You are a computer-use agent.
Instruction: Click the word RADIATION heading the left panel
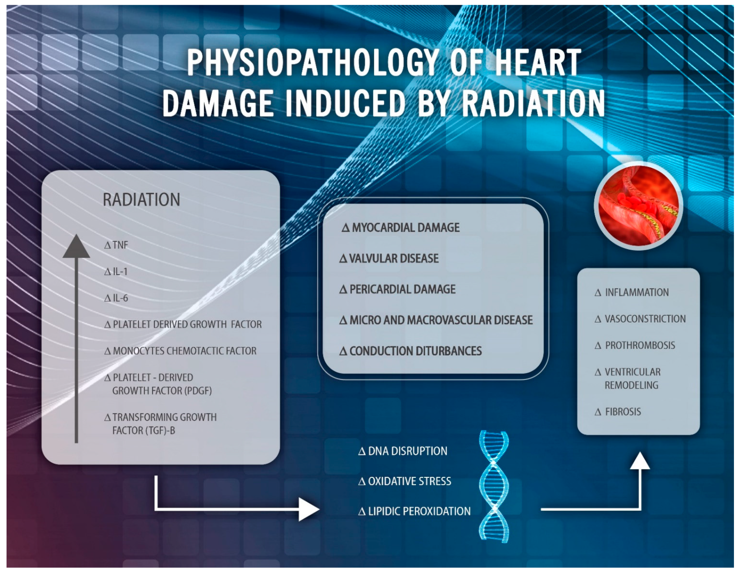click(x=141, y=200)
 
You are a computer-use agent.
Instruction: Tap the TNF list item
click(x=116, y=245)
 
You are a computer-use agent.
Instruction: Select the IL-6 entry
click(x=116, y=298)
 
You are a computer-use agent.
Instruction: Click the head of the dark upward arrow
click(x=76, y=246)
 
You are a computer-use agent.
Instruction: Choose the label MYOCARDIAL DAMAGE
click(x=401, y=227)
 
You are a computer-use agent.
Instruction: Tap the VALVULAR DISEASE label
click(x=389, y=258)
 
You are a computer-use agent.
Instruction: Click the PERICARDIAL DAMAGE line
click(x=397, y=289)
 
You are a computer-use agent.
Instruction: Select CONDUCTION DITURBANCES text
click(x=411, y=351)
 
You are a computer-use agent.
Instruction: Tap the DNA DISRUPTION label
click(x=403, y=451)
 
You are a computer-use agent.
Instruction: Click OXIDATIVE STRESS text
click(x=405, y=481)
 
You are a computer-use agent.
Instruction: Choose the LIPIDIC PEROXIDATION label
click(x=414, y=511)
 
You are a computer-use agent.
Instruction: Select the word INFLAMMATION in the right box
click(x=632, y=292)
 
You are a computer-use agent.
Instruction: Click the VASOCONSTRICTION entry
click(x=640, y=319)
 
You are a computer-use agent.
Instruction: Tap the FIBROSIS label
click(x=618, y=412)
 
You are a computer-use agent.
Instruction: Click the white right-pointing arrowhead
click(x=308, y=509)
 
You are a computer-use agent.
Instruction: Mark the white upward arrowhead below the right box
click(x=640, y=461)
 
